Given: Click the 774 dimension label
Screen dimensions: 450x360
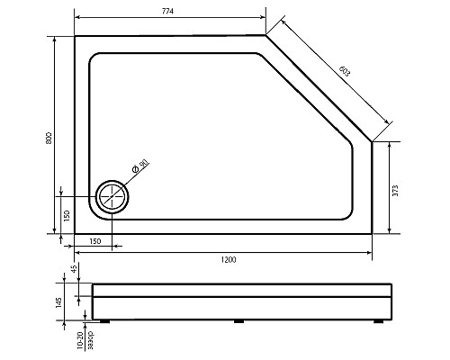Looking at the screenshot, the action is point(167,12).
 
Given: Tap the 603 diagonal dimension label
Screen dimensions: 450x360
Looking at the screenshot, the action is point(345,71).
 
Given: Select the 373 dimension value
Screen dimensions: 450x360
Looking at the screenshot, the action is point(395,191).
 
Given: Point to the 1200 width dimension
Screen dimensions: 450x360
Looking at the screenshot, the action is point(229,260).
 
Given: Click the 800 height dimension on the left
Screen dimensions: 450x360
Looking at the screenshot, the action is point(49,138).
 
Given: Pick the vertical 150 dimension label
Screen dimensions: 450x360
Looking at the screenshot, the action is point(67,216).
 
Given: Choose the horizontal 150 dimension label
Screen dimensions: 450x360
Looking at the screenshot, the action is point(95,241).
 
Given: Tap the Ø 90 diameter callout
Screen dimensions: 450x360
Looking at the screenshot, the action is point(140,166).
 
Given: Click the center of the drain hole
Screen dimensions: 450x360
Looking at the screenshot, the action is point(112,197).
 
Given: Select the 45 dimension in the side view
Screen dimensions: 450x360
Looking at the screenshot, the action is point(75,267).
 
